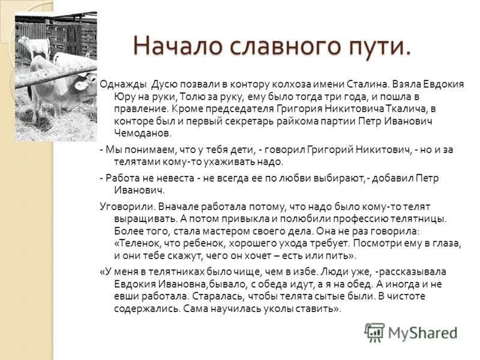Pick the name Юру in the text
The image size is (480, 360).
125,97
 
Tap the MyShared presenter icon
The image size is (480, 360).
374,332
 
